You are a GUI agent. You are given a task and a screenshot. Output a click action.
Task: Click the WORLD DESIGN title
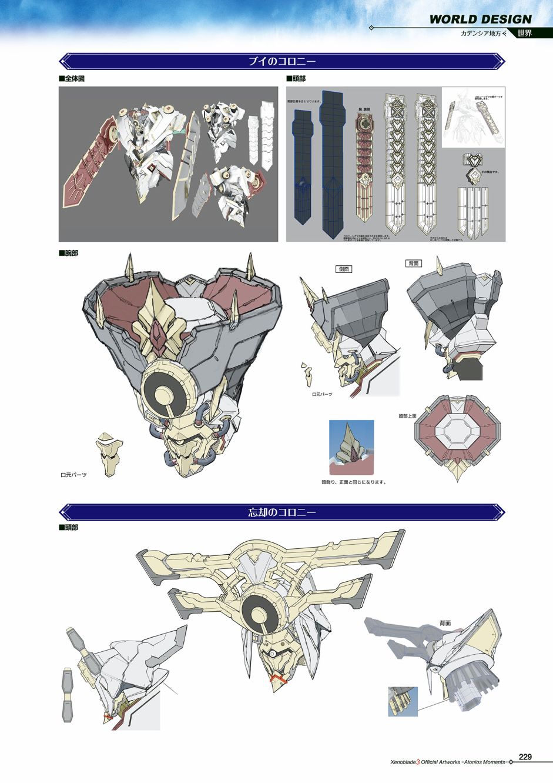pos(480,19)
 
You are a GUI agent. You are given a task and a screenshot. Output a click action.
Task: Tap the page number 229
pos(525,757)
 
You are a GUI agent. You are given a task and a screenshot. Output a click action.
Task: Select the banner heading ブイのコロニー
pos(282,61)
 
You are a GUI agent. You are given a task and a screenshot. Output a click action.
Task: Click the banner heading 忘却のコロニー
pos(282,512)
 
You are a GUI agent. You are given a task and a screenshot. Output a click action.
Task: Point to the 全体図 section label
pos(72,79)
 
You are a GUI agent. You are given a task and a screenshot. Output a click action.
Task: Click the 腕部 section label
pos(69,254)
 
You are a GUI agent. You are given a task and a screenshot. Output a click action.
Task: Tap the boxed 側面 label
pos(344,268)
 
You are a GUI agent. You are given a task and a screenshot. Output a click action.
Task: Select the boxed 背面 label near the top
pos(414,263)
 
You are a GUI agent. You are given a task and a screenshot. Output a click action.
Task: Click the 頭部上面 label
pos(407,416)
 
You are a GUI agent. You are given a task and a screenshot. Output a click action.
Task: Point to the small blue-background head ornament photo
pos(351,447)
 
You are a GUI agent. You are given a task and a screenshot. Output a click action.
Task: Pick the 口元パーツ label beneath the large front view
pos(73,474)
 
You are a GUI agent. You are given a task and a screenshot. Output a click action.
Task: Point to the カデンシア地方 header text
pos(483,34)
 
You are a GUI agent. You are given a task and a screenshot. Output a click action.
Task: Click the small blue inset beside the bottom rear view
pos(403,701)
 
